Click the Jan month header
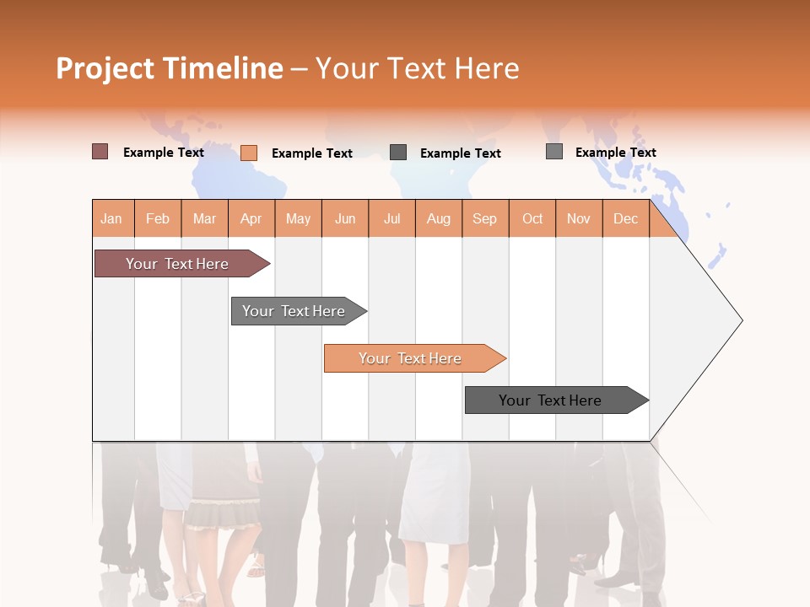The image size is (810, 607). click(x=112, y=218)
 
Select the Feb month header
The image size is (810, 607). click(x=158, y=218)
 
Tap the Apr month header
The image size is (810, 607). click(x=251, y=218)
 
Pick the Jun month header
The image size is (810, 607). click(x=345, y=218)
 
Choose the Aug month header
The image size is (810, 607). click(x=439, y=218)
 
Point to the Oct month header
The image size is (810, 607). click(x=532, y=218)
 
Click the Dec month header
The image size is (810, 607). click(x=626, y=218)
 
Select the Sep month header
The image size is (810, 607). click(x=485, y=218)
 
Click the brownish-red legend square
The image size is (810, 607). click(x=100, y=152)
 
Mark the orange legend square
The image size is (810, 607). click(x=249, y=153)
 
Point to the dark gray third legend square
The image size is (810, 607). click(x=398, y=153)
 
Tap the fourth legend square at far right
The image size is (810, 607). click(x=554, y=152)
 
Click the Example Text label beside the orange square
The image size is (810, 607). click(x=312, y=153)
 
